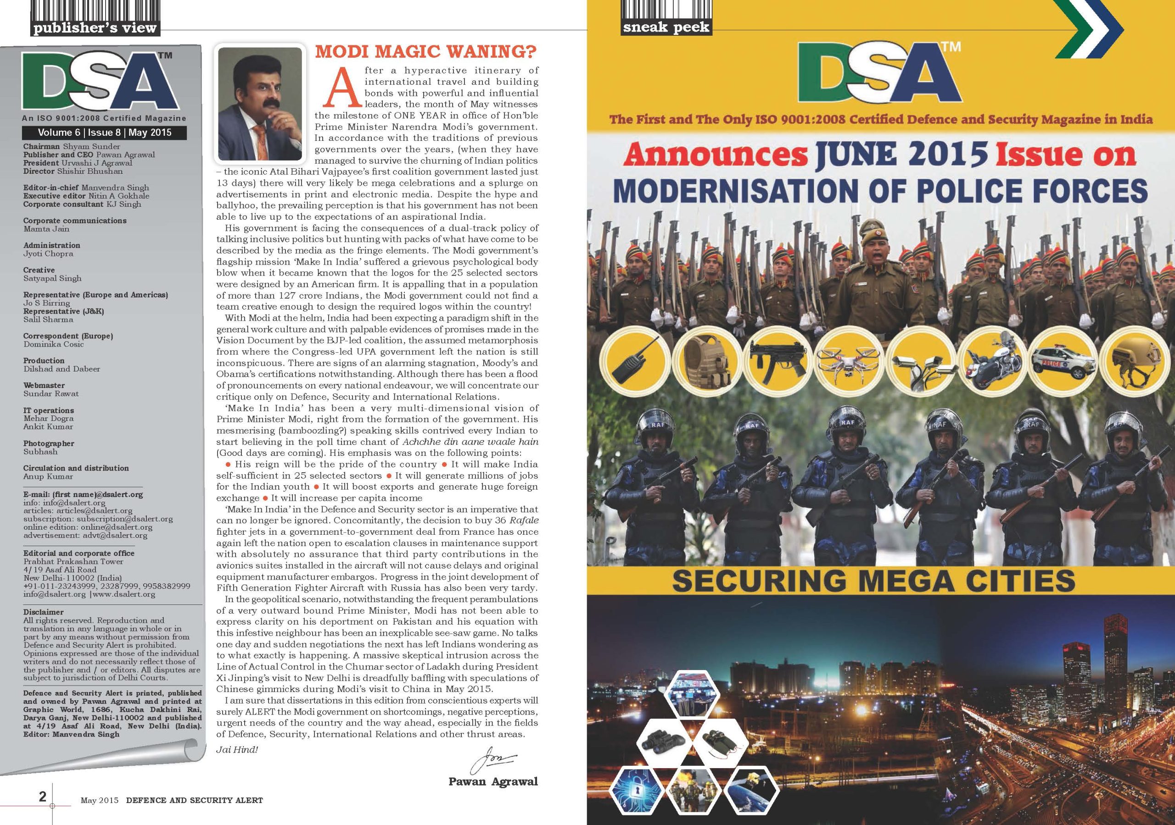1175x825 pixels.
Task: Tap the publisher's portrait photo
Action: coord(260,104)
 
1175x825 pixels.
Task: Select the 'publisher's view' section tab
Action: coord(95,27)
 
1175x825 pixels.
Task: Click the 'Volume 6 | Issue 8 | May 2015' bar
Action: coord(104,133)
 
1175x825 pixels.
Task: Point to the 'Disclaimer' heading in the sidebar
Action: coord(44,612)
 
